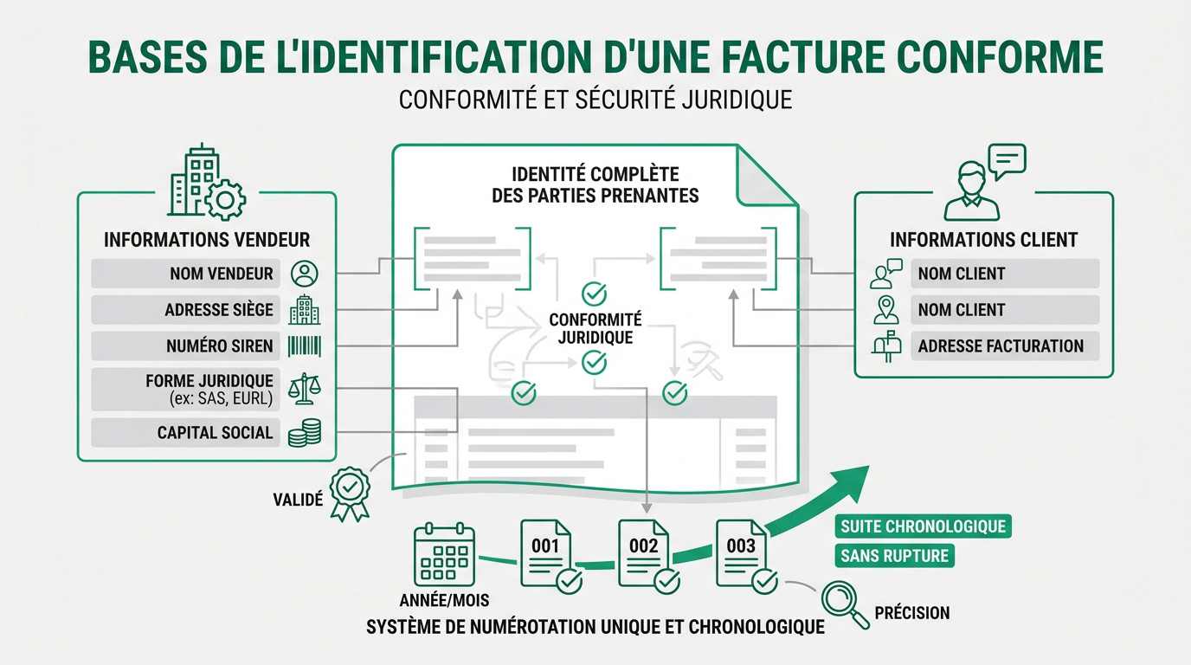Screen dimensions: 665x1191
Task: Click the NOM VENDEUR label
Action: [x=221, y=274]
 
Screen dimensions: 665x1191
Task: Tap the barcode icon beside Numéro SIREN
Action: [x=304, y=346]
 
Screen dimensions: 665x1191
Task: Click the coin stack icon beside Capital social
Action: [x=304, y=432]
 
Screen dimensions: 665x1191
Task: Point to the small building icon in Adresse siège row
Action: [x=304, y=310]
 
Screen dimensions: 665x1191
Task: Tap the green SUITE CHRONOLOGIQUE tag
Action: [x=923, y=526]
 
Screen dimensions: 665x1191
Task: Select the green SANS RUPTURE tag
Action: [x=894, y=556]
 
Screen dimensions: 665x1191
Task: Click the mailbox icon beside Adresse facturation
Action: [x=886, y=346]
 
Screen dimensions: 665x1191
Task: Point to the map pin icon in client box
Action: [x=885, y=310]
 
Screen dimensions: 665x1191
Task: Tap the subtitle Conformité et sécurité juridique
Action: [x=595, y=100]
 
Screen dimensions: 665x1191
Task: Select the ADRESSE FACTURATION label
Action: [x=1001, y=346]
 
